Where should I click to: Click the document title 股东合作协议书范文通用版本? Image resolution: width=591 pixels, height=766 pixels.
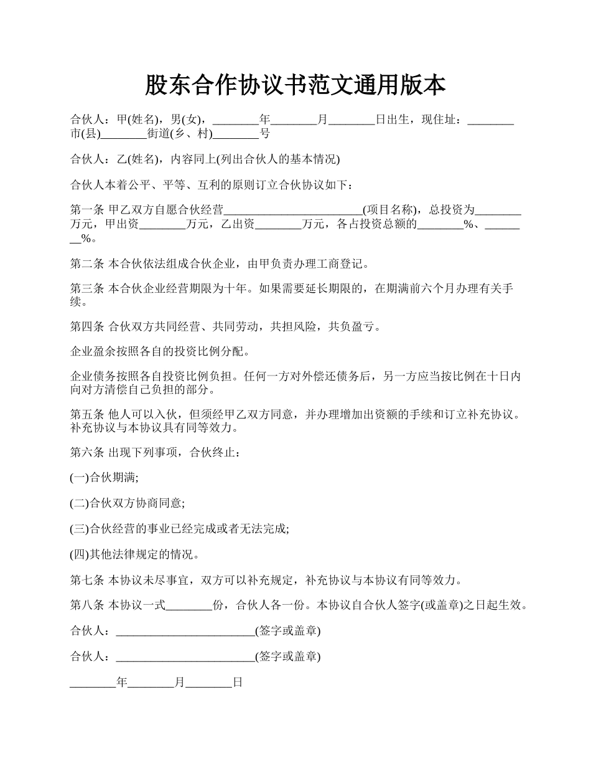295,85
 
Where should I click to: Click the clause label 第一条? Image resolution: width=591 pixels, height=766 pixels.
86,210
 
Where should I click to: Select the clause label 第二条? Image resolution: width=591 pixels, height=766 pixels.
86,264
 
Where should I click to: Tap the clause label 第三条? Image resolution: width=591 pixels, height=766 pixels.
86,288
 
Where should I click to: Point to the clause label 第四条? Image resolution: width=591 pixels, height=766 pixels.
86,326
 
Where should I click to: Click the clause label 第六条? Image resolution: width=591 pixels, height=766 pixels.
86,452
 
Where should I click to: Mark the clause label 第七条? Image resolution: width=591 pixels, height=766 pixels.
86,580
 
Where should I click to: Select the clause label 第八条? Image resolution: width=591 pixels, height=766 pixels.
86,605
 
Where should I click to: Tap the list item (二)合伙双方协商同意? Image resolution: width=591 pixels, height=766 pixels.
127,503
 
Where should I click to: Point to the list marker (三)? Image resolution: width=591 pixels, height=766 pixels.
80,529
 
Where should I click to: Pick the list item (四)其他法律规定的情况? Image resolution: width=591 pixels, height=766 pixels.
134,554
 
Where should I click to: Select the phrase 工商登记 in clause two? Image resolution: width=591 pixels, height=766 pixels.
343,264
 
